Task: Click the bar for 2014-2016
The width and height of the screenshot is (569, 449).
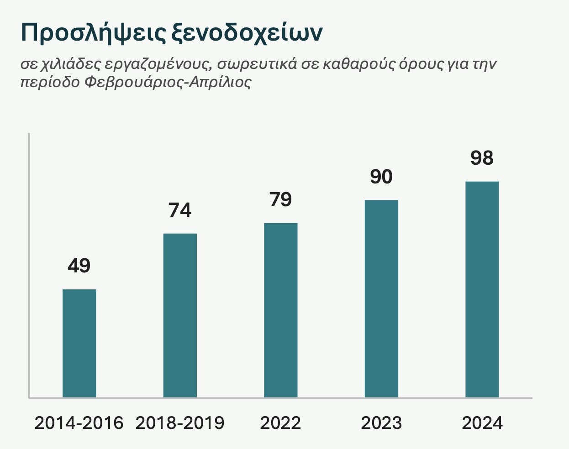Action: tap(79, 343)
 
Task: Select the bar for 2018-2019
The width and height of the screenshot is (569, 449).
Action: tap(180, 315)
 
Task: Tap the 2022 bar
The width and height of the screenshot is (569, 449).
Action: tap(280, 310)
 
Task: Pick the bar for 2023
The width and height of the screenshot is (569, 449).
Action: tap(381, 298)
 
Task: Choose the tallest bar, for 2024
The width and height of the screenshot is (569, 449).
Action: tap(482, 289)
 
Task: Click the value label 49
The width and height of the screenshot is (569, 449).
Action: tap(79, 266)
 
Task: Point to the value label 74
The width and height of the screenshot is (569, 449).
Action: tap(180, 210)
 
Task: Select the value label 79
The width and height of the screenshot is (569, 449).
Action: tap(280, 199)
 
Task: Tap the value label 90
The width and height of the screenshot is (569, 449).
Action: tap(381, 177)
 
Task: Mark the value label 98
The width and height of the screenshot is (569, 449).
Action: tap(482, 158)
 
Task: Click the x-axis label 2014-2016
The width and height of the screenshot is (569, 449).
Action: tap(79, 423)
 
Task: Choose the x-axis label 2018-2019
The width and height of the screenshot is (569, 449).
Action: tap(180, 423)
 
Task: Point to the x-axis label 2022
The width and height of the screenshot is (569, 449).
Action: tap(280, 423)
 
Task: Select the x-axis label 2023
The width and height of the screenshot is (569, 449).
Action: tap(381, 423)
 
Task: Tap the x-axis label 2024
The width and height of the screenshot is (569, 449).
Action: tap(482, 423)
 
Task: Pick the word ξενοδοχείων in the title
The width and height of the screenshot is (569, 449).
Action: tap(247, 33)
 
